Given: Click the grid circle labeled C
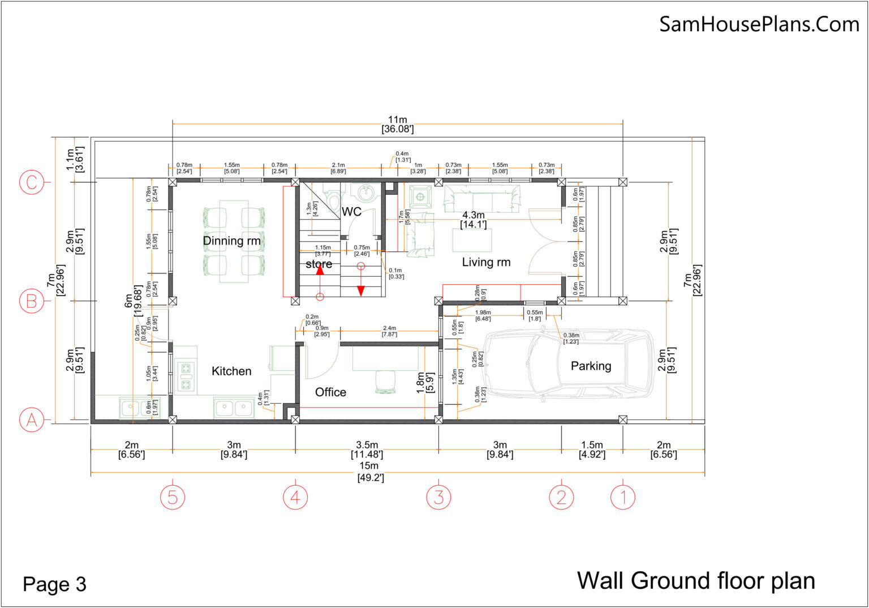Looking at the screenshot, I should tap(31, 182).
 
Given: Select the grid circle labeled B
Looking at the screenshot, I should tap(31, 301).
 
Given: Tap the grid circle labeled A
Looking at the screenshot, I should tap(31, 421).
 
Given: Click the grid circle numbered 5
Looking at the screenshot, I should tap(173, 497).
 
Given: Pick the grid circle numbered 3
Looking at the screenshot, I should tap(438, 497).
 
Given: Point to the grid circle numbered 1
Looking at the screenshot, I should tap(622, 497).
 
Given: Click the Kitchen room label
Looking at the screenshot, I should tap(231, 371).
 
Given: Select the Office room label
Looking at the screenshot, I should tap(330, 392).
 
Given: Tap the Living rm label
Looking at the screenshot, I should tap(486, 262).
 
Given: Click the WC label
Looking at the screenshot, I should tap(351, 212).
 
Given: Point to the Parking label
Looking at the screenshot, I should tap(591, 366).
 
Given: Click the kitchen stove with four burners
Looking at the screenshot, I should tap(186, 377).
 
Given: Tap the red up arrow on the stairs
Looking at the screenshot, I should tap(320, 271).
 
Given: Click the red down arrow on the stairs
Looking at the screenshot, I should tap(361, 290).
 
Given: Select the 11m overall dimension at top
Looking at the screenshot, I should tap(397, 125).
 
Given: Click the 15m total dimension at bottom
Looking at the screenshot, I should tap(369, 471).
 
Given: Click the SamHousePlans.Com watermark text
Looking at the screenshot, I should tap(759, 24).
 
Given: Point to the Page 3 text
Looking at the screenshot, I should tap(54, 584).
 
